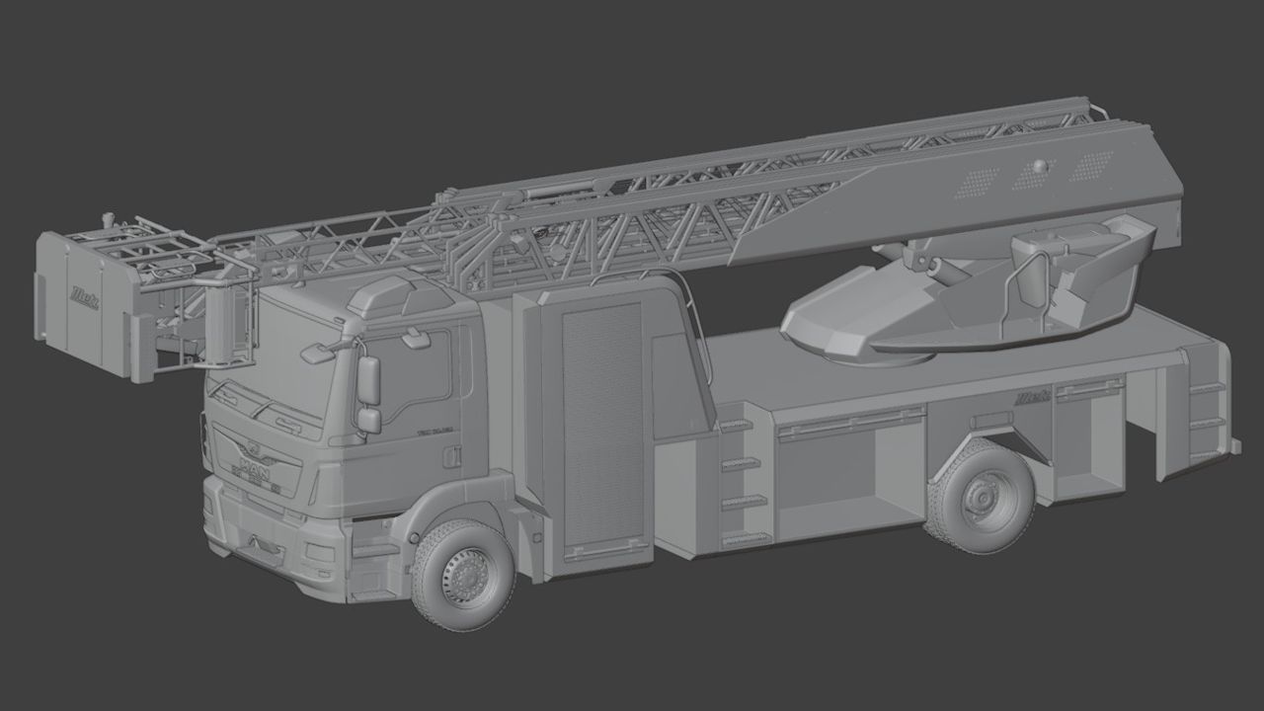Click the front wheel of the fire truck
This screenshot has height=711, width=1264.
[463, 574]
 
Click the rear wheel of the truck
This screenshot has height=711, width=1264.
[980, 495]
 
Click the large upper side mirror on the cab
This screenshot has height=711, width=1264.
[368, 380]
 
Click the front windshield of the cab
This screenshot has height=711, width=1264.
[276, 365]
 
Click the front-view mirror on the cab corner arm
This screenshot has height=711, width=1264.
[317, 351]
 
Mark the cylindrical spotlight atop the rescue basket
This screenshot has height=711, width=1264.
[104, 215]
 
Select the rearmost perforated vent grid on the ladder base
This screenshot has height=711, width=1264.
[1091, 166]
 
